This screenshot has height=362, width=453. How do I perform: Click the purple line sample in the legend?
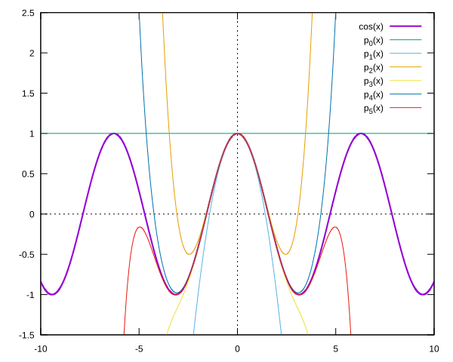(x=405, y=26)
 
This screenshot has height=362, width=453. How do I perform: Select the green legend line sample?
(x=405, y=40)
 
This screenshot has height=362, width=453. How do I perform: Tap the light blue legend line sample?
(x=405, y=54)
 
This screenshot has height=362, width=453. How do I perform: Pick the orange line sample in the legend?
(x=405, y=67)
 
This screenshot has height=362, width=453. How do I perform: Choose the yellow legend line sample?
(x=405, y=81)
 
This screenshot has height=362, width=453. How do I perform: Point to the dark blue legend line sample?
(x=405, y=94)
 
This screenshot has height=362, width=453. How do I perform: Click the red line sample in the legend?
(x=405, y=108)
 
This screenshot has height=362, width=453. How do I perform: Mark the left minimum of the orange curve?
(x=190, y=254)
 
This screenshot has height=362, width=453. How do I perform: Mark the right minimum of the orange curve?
(x=285, y=254)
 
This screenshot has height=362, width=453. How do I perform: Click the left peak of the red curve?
(x=140, y=227)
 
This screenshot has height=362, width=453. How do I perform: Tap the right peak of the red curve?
(x=334, y=227)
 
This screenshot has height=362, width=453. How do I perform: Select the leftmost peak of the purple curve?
(x=114, y=133)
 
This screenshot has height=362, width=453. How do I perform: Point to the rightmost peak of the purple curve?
(x=361, y=133)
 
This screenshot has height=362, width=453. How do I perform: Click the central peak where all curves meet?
(x=237, y=133)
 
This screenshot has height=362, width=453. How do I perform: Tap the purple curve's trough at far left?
(x=52, y=294)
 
